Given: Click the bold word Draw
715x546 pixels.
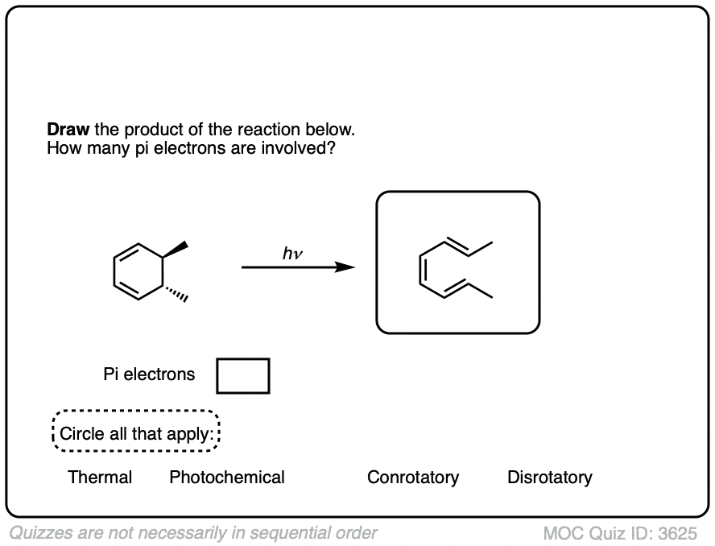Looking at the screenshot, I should tap(67, 130).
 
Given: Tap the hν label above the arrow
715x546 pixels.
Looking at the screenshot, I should tap(292, 254).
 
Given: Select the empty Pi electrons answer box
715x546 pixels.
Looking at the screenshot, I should tap(242, 376).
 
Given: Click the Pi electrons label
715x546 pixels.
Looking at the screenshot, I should tap(149, 374).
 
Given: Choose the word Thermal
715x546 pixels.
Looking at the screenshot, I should tap(100, 478).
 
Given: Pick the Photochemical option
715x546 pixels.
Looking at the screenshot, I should tap(227, 478).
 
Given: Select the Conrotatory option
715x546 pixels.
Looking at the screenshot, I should tap(413, 478).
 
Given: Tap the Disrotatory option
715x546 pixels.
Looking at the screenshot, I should tap(549, 478).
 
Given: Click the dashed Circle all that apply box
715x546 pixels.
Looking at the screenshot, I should tap(136, 433).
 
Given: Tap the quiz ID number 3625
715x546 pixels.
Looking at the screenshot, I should tap(677, 533).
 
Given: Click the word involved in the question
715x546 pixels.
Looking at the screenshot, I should tap(296, 148).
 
